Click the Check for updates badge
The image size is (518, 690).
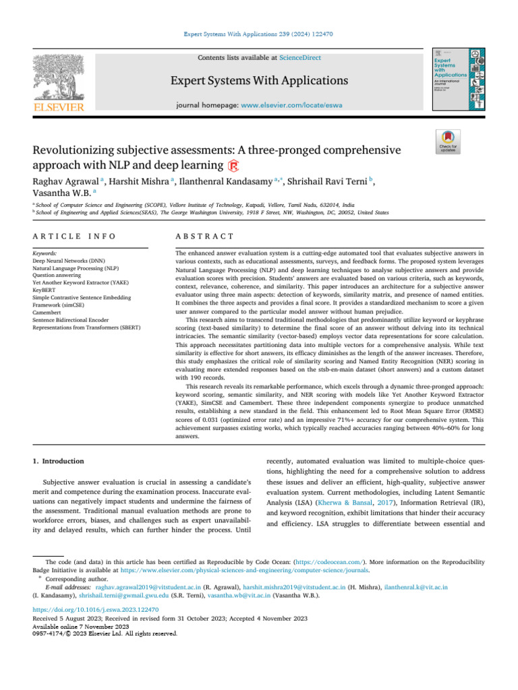point(449,142)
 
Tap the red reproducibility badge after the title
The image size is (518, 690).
point(233,166)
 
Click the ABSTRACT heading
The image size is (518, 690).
point(205,236)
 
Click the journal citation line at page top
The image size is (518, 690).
point(259,33)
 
